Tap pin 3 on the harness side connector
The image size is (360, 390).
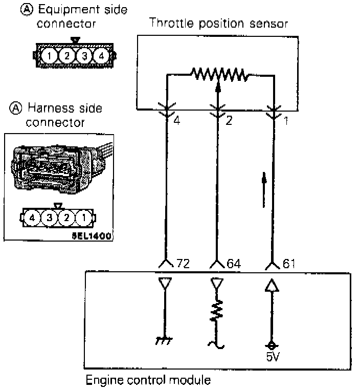50,218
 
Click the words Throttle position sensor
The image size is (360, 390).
218,24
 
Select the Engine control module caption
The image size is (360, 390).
148,381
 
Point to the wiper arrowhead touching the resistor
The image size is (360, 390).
218,88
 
